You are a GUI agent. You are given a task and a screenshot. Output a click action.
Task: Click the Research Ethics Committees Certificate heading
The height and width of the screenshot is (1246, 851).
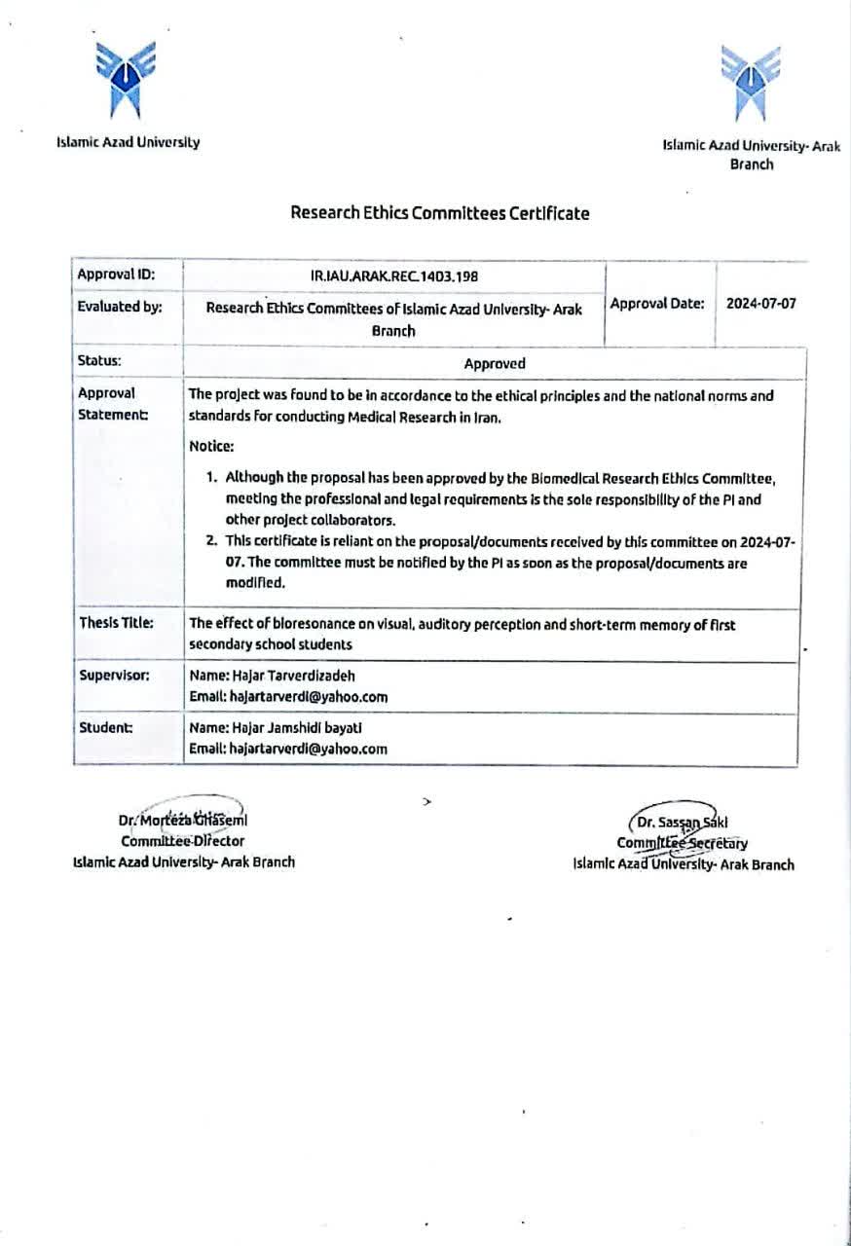439,213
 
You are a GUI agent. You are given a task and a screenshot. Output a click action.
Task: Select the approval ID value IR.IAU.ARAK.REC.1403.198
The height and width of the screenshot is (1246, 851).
394,276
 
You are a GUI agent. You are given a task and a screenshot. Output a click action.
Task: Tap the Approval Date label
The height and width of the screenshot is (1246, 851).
657,303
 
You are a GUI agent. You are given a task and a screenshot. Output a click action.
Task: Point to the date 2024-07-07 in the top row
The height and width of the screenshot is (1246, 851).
760,303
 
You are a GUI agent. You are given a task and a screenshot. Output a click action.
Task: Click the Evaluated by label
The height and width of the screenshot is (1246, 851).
120,306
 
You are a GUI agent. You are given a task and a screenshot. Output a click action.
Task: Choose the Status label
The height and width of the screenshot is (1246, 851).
99,360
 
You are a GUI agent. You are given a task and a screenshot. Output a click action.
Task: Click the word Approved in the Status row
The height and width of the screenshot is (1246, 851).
495,363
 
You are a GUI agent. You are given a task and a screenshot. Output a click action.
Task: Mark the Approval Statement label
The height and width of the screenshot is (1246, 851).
112,404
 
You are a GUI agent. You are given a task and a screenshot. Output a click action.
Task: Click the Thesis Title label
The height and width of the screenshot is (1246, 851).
115,623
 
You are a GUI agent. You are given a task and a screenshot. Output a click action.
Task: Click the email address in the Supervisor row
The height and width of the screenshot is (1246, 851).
308,696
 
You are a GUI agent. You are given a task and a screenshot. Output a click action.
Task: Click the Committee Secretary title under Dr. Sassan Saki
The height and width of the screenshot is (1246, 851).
682,843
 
